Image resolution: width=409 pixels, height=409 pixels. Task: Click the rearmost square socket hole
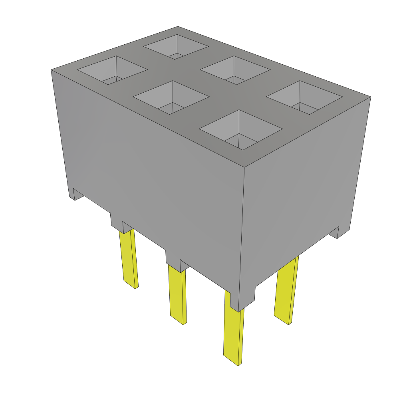coord(176,46)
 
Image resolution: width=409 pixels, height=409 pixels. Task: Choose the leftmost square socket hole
coord(112,70)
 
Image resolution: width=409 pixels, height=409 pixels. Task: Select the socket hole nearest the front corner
coord(241,129)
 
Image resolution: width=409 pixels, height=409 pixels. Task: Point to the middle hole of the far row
coord(234,70)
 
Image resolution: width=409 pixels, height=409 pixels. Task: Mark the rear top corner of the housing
coord(178,26)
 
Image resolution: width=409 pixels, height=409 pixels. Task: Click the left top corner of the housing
coord(51,70)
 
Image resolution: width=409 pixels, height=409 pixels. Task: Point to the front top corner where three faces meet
coord(244,166)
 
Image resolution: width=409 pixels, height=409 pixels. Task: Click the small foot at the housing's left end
coord(75,195)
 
